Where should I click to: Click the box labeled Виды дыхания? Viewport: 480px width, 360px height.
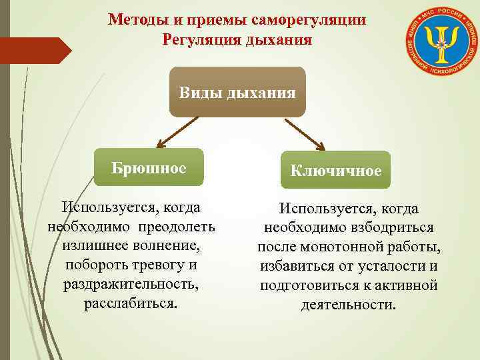pos(237,92)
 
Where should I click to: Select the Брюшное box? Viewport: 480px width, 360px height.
pos(149,167)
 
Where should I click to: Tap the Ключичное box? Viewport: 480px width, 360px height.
pos(335,171)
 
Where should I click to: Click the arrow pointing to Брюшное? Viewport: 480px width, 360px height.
pos(176,132)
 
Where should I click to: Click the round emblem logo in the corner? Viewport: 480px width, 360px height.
pos(440,41)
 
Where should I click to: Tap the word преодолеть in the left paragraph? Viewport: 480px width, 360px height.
pos(177,227)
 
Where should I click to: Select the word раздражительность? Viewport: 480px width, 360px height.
pos(131,285)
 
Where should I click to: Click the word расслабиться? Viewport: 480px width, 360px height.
pos(131,304)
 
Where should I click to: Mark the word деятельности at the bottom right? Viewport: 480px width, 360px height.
pos(348,305)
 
